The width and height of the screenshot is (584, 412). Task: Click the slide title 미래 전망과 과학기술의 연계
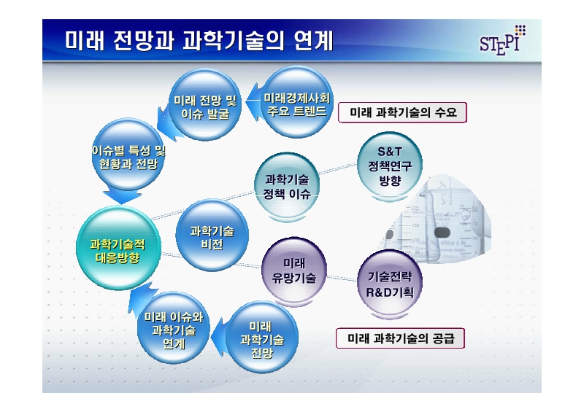[199, 41]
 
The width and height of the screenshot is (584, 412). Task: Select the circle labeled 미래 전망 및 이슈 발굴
[205, 106]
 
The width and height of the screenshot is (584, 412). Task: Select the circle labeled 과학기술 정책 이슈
[287, 187]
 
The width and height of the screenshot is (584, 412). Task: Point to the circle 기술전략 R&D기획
[388, 285]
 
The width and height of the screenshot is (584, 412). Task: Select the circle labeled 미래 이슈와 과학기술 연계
[173, 330]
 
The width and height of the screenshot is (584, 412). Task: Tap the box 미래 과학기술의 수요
[402, 113]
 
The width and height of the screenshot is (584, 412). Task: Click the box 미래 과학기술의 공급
[400, 339]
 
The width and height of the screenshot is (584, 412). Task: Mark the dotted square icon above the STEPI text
[519, 29]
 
